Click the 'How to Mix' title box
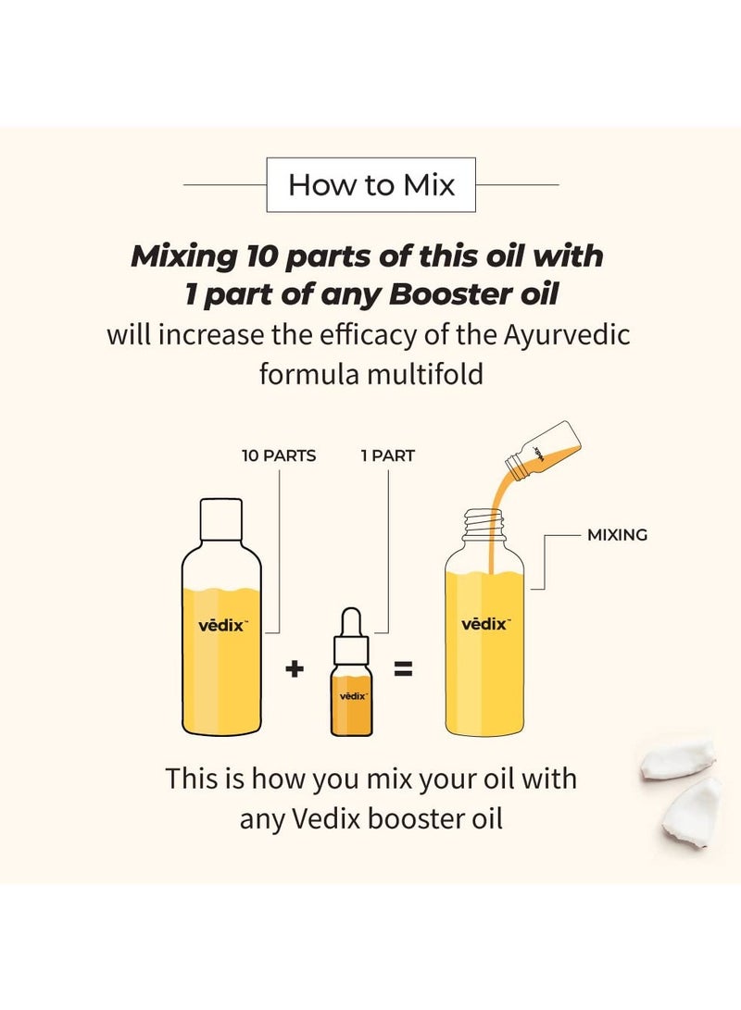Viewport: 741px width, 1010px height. [x=370, y=185]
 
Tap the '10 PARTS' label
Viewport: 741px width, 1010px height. [x=279, y=455]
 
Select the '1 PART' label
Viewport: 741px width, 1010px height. [x=387, y=455]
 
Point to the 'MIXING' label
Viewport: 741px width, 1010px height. [x=617, y=535]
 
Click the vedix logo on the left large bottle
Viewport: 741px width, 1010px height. [x=221, y=625]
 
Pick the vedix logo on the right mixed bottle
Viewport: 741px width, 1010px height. [x=484, y=624]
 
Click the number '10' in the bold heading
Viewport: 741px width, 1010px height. [x=262, y=256]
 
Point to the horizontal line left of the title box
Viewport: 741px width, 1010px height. [x=225, y=185]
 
